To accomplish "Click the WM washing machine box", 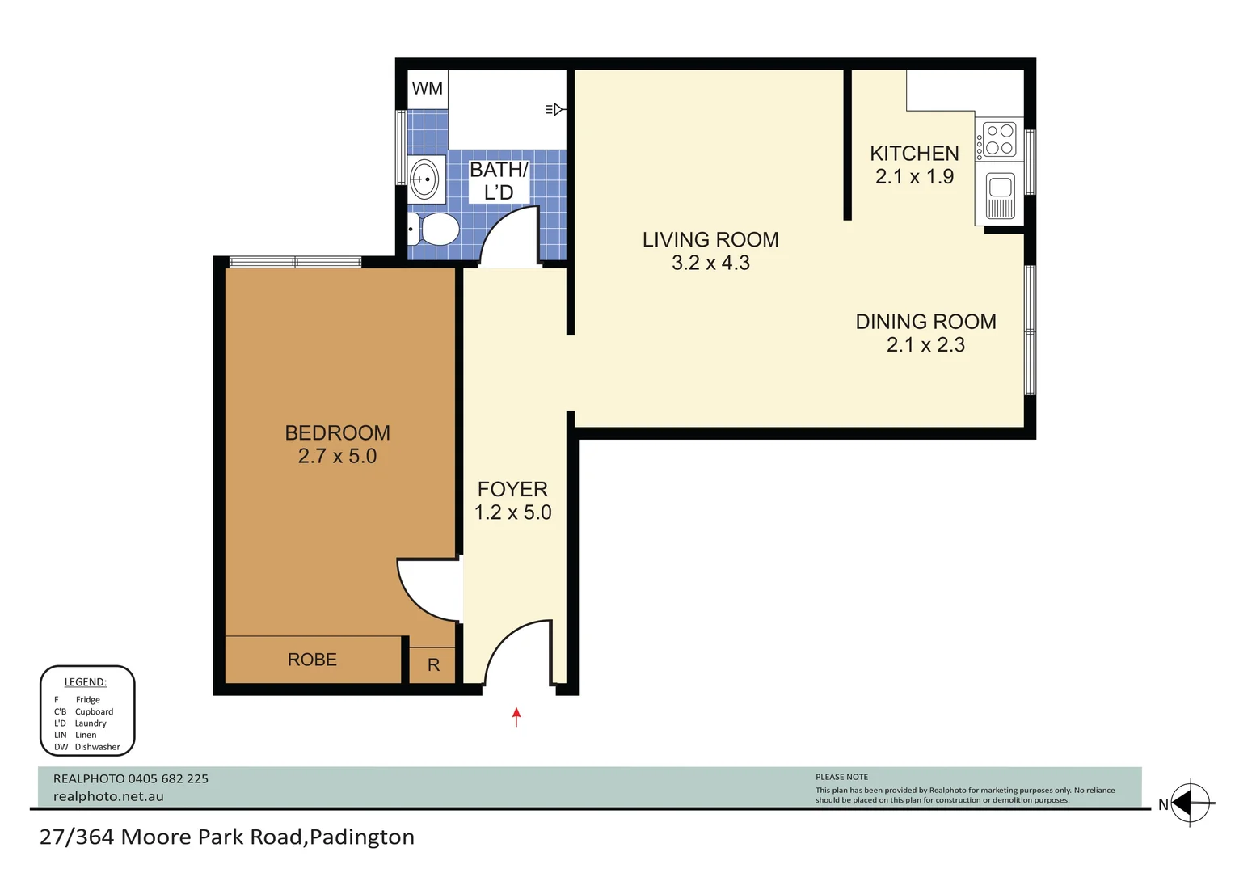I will click(x=427, y=89).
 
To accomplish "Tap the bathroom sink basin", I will click(x=425, y=179).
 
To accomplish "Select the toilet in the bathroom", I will click(x=435, y=230).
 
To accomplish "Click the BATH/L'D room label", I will click(x=499, y=181).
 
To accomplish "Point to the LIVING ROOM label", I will click(x=710, y=240).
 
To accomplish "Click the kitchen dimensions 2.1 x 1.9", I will click(x=914, y=177).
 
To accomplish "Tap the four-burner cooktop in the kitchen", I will click(x=1000, y=139).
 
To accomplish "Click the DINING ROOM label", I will click(x=925, y=322).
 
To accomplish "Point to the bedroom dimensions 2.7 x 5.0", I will click(x=337, y=457).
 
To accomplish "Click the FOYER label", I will click(x=512, y=490).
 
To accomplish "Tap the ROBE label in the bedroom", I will click(x=312, y=660).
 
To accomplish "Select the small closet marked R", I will click(x=433, y=665).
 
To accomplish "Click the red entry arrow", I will click(x=516, y=716).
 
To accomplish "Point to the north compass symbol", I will click(x=1191, y=804).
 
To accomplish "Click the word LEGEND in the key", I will click(x=85, y=682).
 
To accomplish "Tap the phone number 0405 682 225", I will click(x=168, y=779).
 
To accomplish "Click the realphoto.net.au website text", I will click(x=108, y=797).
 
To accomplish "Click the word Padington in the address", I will click(x=362, y=837).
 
